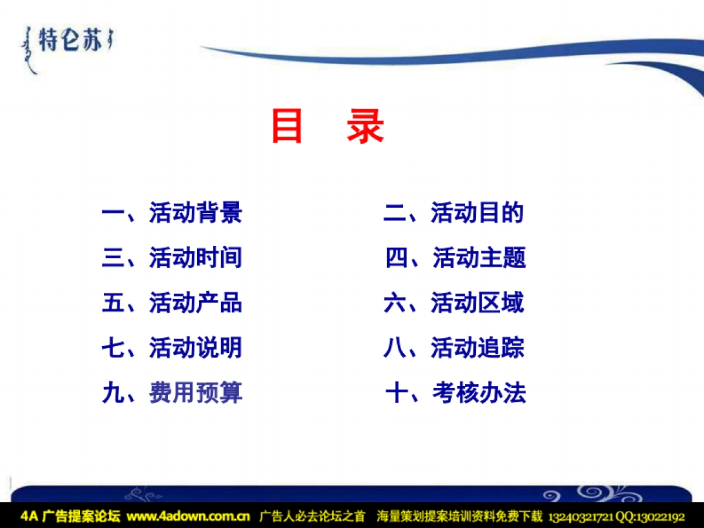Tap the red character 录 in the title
coord(365,127)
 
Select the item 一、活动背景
coord(172,212)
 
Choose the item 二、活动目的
coord(453,212)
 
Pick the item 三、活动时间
coord(172,258)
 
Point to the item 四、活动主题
coord(456,258)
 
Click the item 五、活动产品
coord(172,303)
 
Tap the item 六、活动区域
coord(453,303)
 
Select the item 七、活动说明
coord(172,348)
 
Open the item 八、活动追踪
coord(453,348)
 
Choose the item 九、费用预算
coord(172,393)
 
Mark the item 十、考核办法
coord(456,393)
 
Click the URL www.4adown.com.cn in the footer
coord(188,517)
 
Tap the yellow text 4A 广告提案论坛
coord(70,517)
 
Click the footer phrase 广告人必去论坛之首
coord(312,517)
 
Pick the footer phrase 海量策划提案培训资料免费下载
coord(459,517)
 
